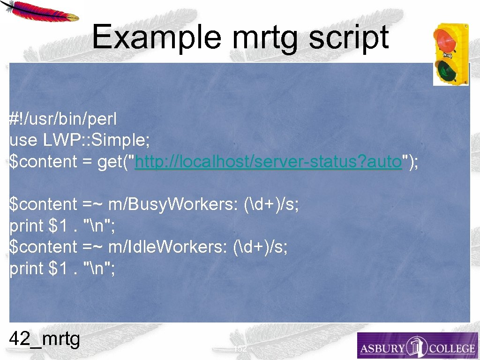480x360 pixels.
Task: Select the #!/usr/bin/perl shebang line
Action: [63, 119]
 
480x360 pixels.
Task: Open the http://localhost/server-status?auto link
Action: [269, 162]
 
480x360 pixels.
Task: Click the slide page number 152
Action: [240, 348]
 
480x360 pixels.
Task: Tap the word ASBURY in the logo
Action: [382, 349]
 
